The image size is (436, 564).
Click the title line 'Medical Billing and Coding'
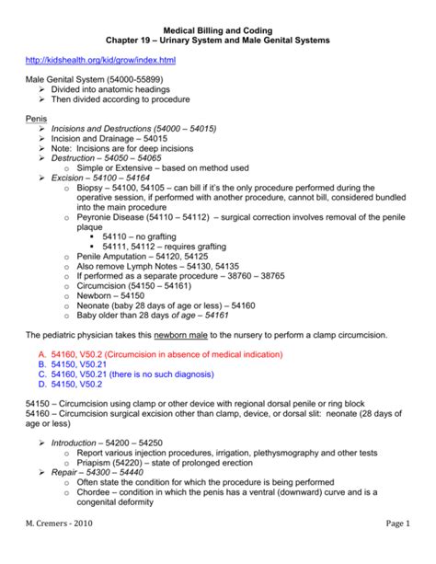click(217, 29)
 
